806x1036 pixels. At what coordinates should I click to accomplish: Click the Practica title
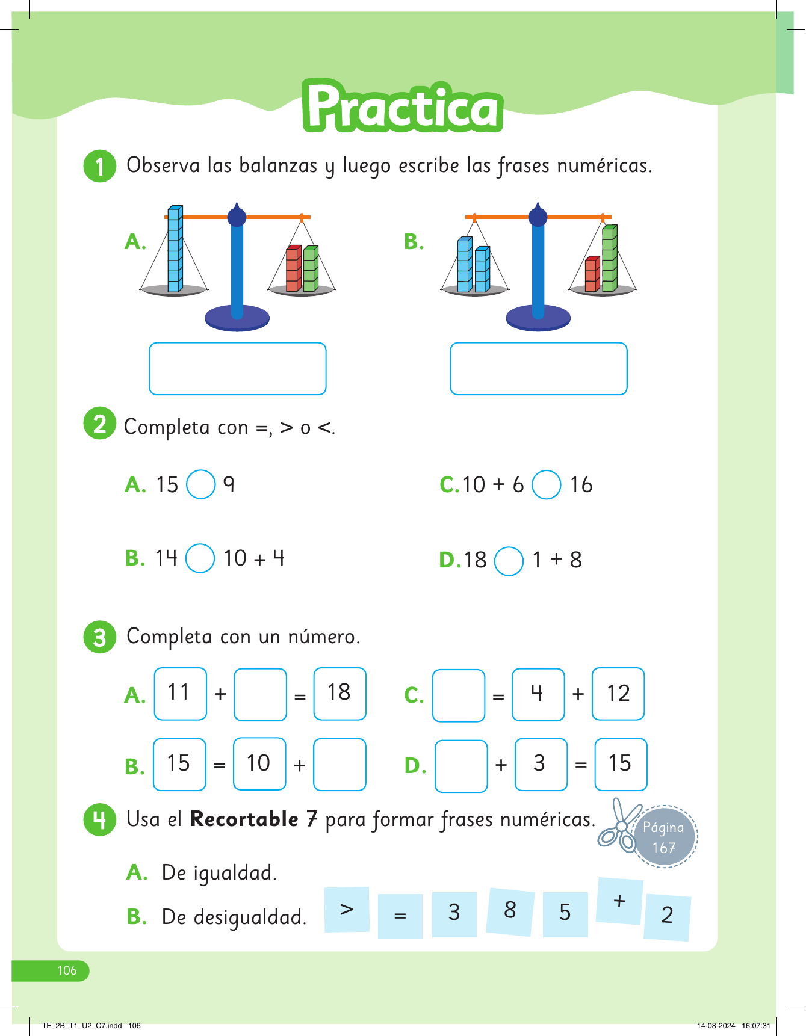point(402,106)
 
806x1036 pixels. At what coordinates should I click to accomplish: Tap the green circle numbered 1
point(99,166)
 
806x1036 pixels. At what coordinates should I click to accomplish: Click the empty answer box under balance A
point(237,369)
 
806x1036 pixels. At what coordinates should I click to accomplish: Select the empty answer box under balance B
point(538,369)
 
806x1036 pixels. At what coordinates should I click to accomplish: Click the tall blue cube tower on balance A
point(175,249)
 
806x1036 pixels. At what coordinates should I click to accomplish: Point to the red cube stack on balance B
point(592,274)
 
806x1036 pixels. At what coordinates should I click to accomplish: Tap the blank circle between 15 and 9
point(201,484)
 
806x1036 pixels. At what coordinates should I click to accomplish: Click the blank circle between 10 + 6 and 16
point(547,484)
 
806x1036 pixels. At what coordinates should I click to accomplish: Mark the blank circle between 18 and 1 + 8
point(509,561)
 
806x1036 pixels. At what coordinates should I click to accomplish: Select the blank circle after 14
point(200,558)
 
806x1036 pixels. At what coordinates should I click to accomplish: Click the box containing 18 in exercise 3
point(339,694)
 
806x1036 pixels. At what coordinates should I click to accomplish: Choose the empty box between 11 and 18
point(260,694)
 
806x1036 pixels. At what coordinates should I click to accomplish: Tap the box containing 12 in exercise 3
point(618,694)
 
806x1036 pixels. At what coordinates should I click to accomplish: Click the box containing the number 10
point(259,763)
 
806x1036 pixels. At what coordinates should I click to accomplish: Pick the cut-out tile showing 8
point(510,911)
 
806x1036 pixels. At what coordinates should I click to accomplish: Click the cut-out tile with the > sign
point(347,909)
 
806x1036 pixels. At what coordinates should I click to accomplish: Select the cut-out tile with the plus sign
point(619,901)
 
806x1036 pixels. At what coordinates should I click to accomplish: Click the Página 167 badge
point(665,836)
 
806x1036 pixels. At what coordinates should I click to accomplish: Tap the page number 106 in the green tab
point(66,970)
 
